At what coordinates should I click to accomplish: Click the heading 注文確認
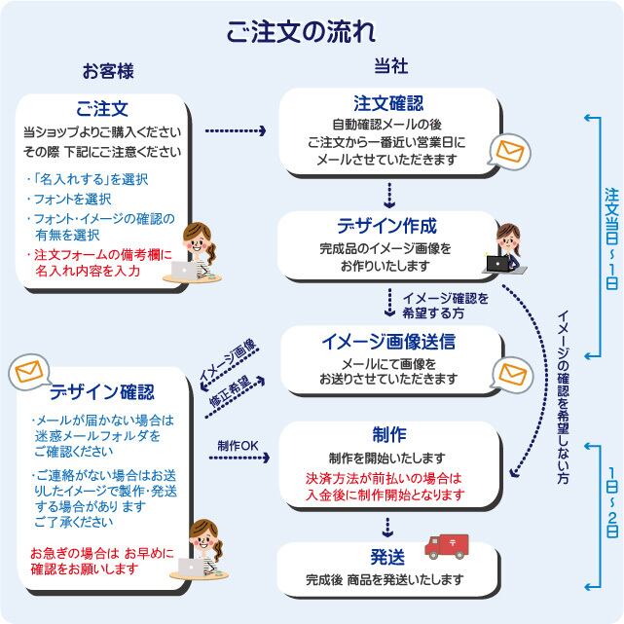coord(388,104)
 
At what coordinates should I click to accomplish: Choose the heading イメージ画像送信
coord(387,342)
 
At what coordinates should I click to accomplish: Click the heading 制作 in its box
coord(388,434)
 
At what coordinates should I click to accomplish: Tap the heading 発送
coord(387,557)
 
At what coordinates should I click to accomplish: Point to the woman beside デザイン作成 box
coord(506,248)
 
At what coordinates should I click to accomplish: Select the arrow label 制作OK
coord(239,445)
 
